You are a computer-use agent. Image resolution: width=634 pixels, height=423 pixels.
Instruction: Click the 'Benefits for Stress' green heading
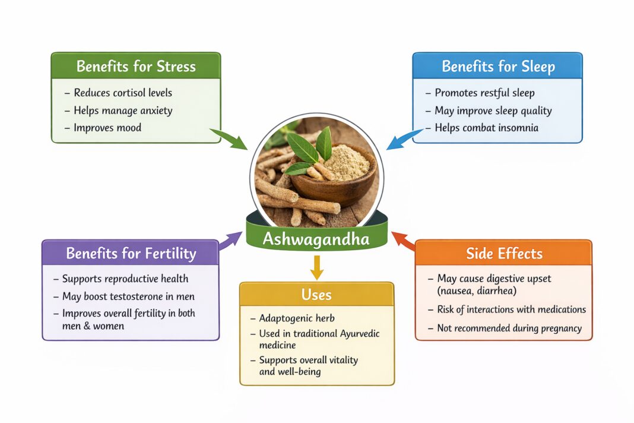(135, 66)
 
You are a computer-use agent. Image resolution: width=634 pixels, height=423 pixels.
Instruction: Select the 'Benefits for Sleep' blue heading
(497, 66)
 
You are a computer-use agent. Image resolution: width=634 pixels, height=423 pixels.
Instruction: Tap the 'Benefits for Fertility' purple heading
(131, 254)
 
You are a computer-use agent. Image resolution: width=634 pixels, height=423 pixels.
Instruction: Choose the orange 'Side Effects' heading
(504, 254)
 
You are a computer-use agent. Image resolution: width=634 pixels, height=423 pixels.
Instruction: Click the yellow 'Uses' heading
(316, 295)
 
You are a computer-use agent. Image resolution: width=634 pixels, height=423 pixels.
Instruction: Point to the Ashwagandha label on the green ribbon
(316, 239)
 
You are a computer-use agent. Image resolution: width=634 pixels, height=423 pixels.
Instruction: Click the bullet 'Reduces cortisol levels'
(122, 93)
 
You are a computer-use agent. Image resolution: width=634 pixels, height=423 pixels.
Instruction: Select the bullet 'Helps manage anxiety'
(122, 111)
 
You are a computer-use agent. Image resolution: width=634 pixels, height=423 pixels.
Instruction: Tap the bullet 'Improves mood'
(107, 128)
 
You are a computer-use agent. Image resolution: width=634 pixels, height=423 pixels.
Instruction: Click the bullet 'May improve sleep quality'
(493, 111)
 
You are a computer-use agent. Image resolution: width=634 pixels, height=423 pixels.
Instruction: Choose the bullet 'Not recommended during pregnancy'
(509, 328)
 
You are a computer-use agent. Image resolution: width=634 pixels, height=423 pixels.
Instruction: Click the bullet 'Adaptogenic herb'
(297, 318)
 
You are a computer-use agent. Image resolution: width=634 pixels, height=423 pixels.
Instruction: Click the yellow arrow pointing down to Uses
(316, 268)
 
